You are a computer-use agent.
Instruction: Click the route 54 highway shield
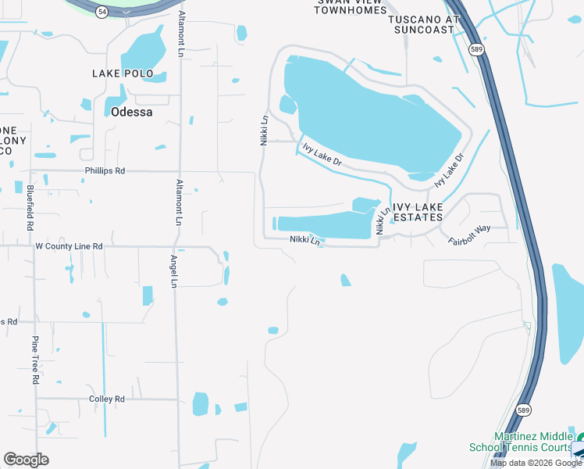click(x=102, y=13)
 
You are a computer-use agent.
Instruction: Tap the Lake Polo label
click(x=129, y=73)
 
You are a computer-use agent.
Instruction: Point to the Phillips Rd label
click(x=105, y=170)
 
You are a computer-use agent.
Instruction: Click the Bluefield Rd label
click(x=30, y=207)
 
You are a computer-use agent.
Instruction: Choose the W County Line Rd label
click(x=69, y=246)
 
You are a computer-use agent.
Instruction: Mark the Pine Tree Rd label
click(x=35, y=360)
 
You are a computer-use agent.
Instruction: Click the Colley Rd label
click(x=107, y=399)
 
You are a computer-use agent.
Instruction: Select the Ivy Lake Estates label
click(x=418, y=212)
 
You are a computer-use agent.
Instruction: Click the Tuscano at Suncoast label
click(x=422, y=23)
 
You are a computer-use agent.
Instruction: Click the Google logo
click(x=26, y=460)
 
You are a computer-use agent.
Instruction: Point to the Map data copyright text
click(x=536, y=463)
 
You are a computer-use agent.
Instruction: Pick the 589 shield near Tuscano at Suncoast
click(x=476, y=48)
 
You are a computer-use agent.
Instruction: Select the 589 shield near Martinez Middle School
click(x=523, y=410)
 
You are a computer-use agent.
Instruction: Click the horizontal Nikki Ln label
click(x=305, y=241)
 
